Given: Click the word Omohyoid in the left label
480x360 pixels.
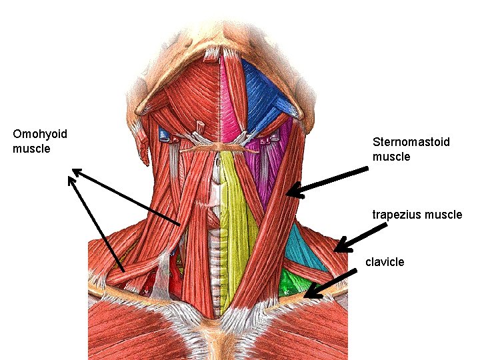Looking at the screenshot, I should [x=39, y=135].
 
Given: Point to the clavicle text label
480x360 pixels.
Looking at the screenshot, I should [x=385, y=262].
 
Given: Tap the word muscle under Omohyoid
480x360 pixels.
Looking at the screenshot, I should [x=31, y=149].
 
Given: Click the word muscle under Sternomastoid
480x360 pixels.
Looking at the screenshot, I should [x=391, y=157].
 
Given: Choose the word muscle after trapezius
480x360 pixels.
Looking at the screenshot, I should [x=445, y=215].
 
